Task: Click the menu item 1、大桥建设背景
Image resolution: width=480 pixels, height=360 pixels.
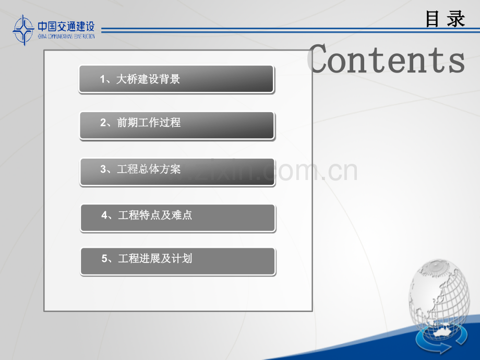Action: pos(176,79)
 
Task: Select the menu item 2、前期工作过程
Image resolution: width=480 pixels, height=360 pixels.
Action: pos(177,125)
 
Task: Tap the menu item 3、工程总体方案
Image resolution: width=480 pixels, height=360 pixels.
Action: pos(177,172)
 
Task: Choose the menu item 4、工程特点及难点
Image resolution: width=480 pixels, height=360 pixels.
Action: pos(178,218)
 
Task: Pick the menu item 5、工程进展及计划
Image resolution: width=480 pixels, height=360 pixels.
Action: pos(178,261)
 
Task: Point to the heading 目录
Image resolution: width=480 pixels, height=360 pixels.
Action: pos(445,19)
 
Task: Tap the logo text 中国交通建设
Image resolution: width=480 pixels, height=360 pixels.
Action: pos(66,26)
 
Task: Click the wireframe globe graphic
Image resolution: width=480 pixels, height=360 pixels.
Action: pos(441,297)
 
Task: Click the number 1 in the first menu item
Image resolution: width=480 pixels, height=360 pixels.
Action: pos(103,80)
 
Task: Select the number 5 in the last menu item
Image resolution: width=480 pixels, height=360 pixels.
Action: pos(104,259)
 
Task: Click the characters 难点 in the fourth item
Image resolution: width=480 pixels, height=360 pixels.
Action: pos(183,215)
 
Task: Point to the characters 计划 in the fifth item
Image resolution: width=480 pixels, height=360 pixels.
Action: pos(183,259)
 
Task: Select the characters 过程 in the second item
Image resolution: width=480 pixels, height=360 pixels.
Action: pos(172,123)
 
